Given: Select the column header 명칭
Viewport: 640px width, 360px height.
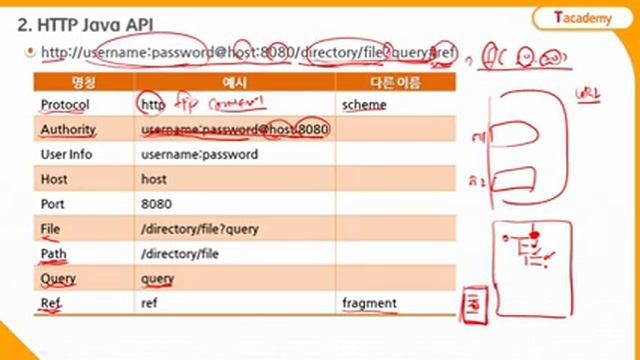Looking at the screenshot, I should (x=84, y=80).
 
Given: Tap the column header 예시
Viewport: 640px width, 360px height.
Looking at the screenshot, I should (x=235, y=80).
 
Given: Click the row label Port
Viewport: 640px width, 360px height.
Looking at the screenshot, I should (x=54, y=204).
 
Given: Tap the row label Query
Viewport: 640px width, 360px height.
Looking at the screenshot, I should (x=58, y=279).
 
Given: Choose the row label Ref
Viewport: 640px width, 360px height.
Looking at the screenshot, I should (x=51, y=303).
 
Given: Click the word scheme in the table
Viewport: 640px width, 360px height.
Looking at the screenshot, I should (x=364, y=105).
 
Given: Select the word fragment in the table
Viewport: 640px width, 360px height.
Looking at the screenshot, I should (x=369, y=303).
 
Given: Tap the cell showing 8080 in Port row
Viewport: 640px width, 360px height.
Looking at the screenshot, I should (x=158, y=204).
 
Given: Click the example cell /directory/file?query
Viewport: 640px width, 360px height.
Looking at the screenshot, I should (x=201, y=229).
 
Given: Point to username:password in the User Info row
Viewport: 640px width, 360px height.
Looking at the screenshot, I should (x=200, y=155).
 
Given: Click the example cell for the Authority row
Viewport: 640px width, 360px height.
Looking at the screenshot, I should (x=236, y=130).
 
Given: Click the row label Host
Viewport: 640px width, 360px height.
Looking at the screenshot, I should (x=54, y=180).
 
